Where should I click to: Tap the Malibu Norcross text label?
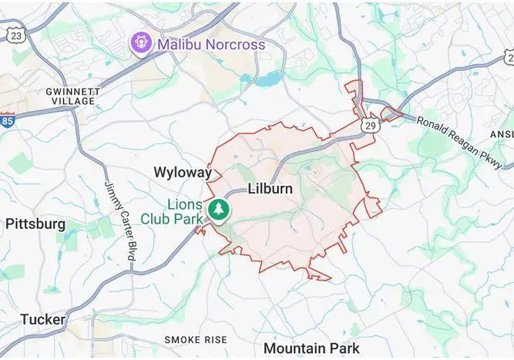211,44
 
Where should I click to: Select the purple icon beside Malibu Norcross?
140,43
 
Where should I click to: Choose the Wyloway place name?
182,172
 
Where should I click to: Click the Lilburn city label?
270,189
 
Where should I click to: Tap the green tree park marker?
220,210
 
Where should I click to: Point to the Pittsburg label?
35,224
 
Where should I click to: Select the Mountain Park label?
311,348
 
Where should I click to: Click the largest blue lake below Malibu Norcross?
269,79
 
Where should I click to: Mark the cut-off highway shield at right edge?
509,57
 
